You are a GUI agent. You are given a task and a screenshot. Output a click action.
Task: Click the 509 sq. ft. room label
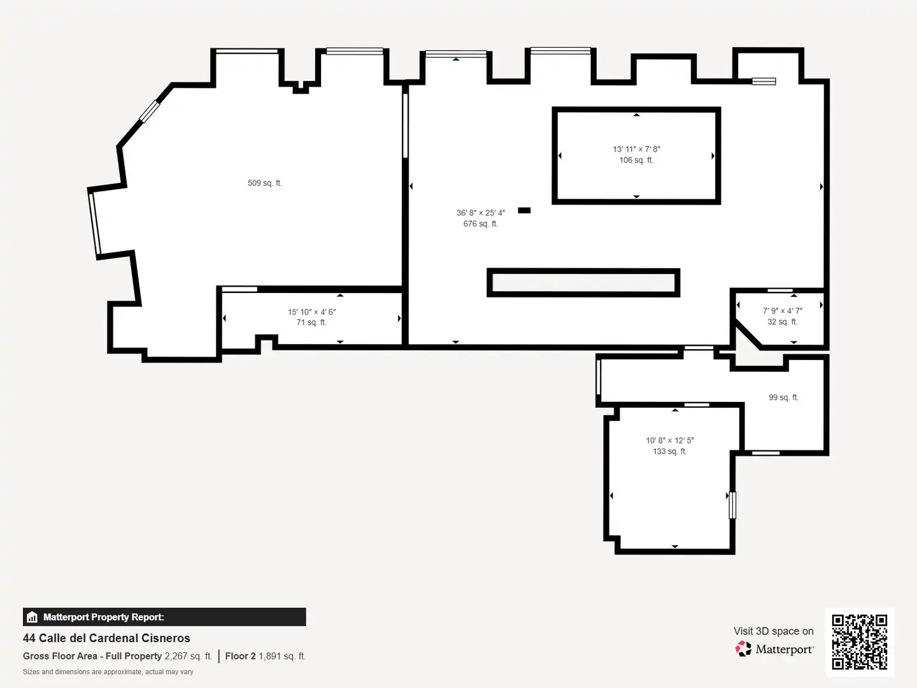264,183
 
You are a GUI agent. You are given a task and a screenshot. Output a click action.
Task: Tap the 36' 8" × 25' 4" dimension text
480,213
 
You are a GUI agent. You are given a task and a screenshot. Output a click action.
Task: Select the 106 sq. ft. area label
636,160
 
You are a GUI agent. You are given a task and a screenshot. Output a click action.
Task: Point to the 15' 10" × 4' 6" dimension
311,312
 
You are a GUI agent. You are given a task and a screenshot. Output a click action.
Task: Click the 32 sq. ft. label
783,322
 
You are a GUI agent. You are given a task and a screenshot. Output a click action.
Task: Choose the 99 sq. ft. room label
783,398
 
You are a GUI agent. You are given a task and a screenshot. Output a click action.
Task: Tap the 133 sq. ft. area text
670,451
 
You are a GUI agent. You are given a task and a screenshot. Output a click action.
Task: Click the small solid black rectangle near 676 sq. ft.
524,210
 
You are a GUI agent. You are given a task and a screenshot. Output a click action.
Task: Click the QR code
859,641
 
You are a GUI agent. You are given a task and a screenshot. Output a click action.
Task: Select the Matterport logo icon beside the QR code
743,649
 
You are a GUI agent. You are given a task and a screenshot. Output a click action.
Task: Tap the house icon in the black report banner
32,617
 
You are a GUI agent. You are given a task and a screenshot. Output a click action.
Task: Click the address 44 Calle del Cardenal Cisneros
106,638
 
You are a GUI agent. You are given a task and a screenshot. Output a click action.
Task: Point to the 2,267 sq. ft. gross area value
188,656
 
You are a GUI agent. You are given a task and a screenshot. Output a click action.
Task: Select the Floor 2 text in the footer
240,656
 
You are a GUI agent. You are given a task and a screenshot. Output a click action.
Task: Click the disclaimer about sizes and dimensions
108,671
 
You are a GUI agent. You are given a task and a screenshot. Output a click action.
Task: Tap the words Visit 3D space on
773,631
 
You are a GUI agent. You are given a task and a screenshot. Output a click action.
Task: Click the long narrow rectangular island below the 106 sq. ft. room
583,283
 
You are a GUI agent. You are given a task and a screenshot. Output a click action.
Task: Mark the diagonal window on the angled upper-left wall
149,111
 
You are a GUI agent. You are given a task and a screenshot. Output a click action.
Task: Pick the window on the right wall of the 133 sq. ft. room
732,505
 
